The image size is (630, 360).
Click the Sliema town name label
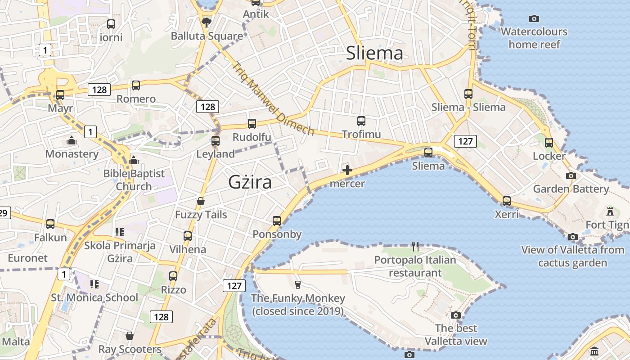point(374,54)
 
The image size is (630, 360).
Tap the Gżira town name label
point(250,182)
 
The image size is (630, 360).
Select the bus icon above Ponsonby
point(277,221)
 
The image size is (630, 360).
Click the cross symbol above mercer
point(347,170)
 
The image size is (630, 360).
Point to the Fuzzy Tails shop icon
point(201,201)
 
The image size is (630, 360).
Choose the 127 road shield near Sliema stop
point(465,141)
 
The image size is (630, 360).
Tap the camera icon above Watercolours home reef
point(534,18)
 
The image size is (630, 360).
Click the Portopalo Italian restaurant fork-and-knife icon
point(415,246)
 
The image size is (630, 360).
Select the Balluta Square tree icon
point(207,22)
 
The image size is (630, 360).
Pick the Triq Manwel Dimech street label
point(273,99)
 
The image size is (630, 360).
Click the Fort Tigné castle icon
point(610,211)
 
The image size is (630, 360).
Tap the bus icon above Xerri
point(507,201)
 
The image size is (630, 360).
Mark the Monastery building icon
point(72,141)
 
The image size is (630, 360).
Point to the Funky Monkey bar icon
point(297,284)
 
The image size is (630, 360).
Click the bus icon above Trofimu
point(361,121)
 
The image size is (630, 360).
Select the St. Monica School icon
point(94,284)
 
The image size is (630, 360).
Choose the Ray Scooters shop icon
point(130,336)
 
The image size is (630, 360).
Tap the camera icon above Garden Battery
point(571,175)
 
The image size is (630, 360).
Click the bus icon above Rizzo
point(173,276)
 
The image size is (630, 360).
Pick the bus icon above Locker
point(549,143)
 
